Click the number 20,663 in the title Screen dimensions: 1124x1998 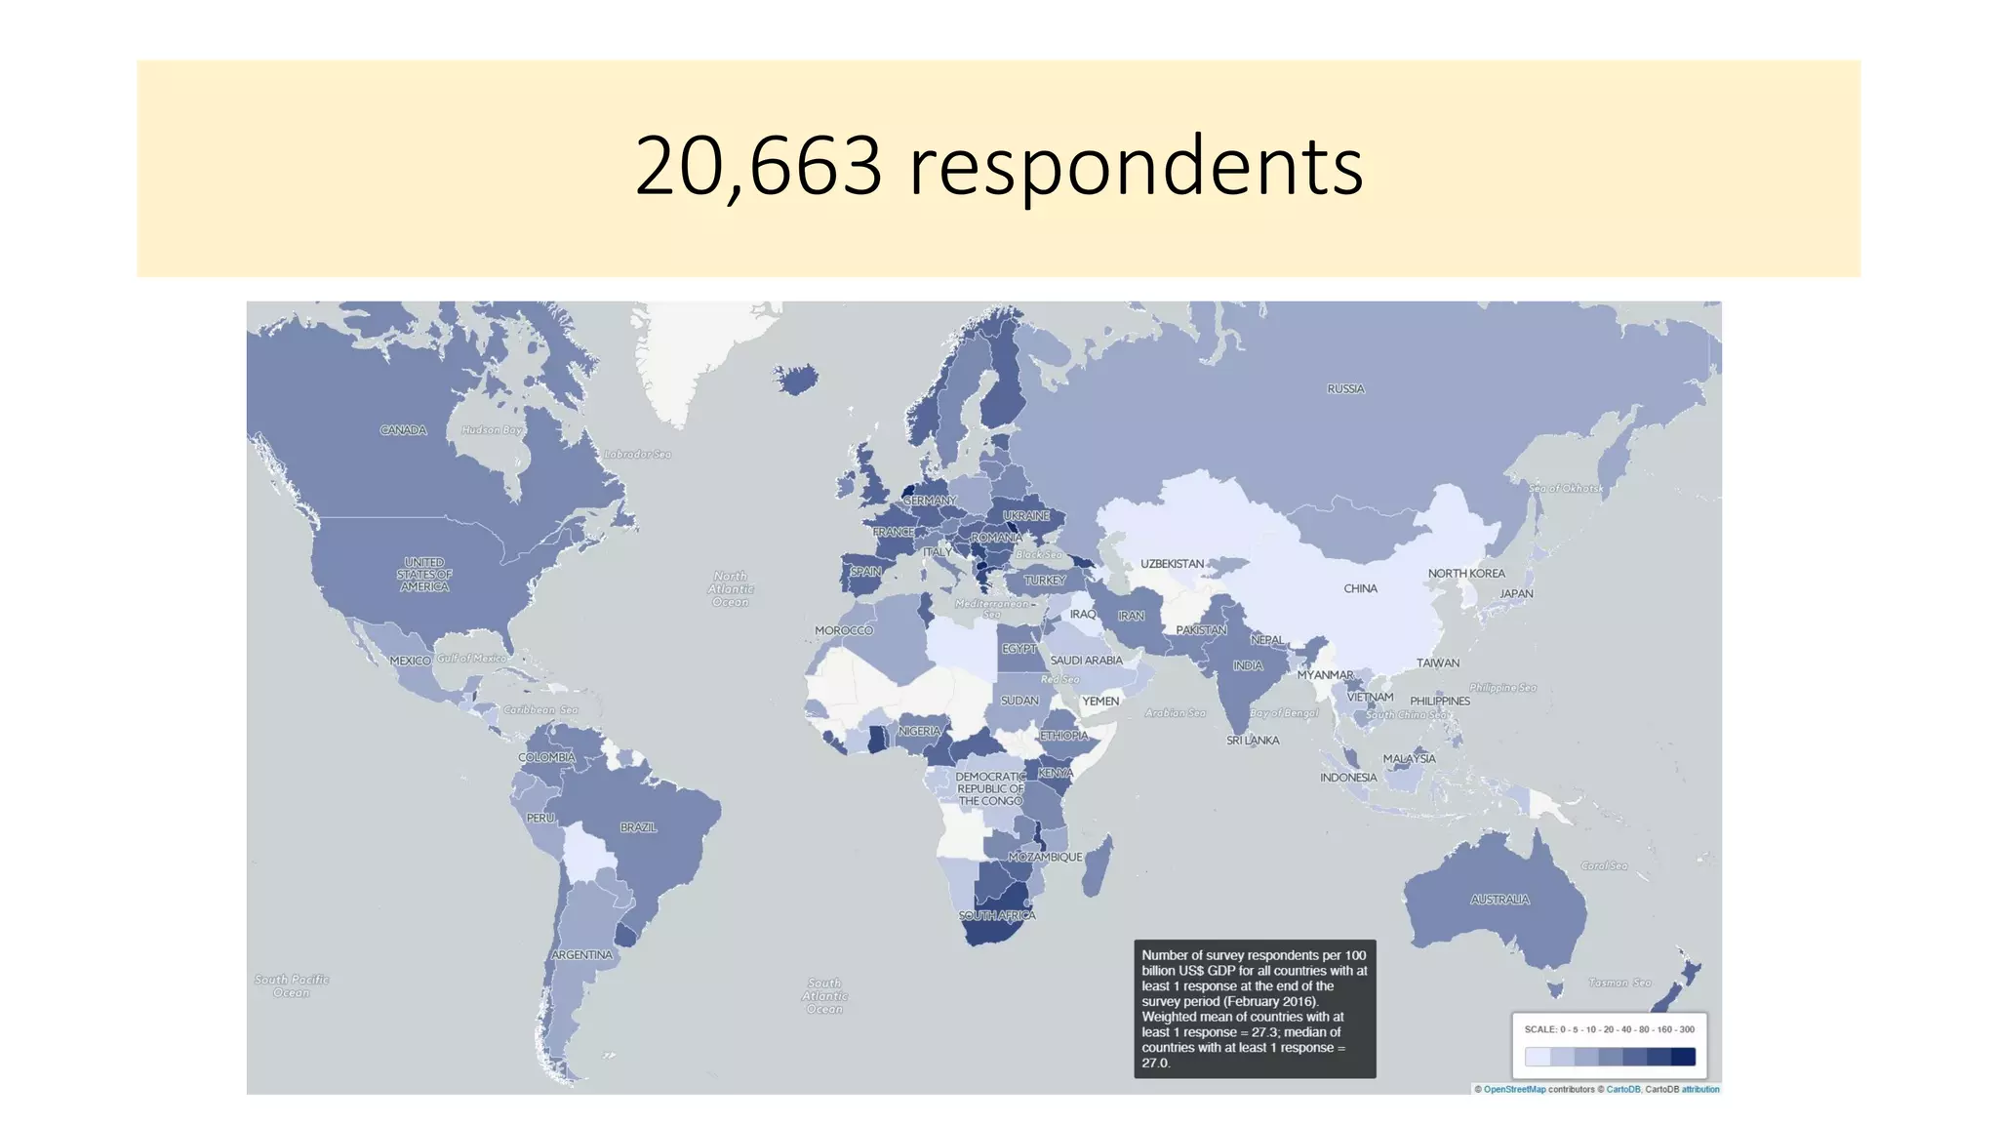coord(758,167)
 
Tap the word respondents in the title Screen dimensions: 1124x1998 coord(1136,167)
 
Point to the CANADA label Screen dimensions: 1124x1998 coord(403,430)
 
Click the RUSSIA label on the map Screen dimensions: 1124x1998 coord(1345,389)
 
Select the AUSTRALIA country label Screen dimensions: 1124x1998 coord(1499,900)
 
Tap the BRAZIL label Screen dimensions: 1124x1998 coord(638,827)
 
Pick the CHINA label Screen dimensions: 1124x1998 coord(1360,589)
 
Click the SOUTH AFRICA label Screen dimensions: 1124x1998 coord(996,916)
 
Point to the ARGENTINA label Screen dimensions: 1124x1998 coord(581,955)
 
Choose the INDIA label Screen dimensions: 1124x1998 coord(1248,666)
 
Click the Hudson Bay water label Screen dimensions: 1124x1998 coord(492,430)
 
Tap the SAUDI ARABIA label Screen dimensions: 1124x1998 coord(1086,661)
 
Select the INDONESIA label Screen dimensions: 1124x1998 coord(1348,778)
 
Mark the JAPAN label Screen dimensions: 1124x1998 coord(1516,594)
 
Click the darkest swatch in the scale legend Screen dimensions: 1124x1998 coord(1683,1057)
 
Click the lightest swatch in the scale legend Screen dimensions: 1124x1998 coord(1538,1057)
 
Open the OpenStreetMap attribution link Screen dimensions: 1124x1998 coord(1514,1090)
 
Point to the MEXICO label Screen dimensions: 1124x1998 coord(410,662)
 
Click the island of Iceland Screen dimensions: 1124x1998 coord(797,379)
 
